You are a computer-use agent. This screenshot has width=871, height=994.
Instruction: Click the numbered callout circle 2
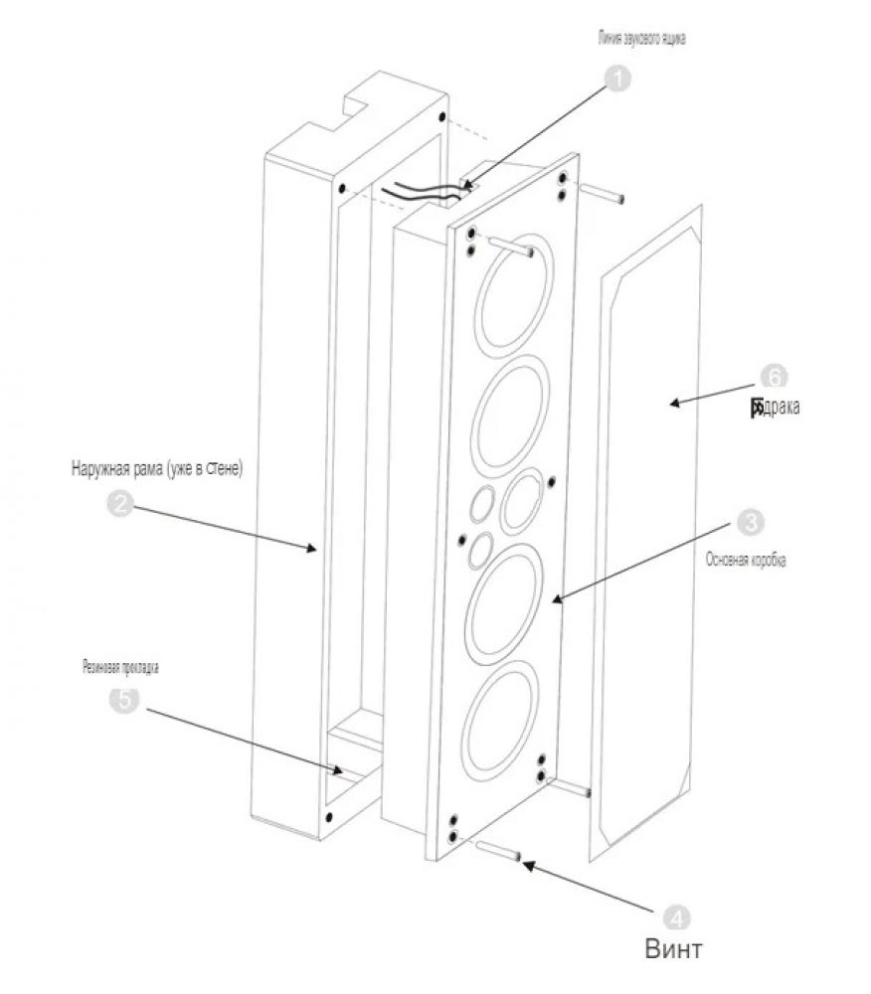[120, 504]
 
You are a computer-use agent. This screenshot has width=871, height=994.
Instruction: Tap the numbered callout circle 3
[749, 521]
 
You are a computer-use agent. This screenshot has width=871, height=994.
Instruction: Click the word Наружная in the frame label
[101, 467]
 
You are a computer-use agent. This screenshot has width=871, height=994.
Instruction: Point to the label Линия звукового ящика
[641, 41]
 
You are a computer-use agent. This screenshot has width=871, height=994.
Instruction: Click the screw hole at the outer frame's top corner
[342, 188]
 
